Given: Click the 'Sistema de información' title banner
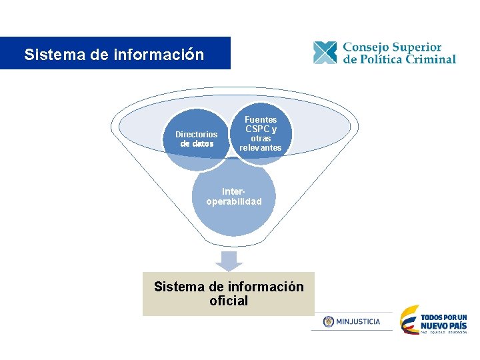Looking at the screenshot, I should [115, 53].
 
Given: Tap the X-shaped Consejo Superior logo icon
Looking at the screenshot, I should [325, 53].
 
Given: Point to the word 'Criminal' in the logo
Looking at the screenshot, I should [427, 59].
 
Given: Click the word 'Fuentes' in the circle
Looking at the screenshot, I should [261, 119].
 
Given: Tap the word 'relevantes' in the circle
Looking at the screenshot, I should [261, 147].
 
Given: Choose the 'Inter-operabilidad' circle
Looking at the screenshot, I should [234, 196].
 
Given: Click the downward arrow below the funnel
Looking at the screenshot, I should [229, 261].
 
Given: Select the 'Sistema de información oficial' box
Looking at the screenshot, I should [228, 293].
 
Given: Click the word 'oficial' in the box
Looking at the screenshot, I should [229, 301].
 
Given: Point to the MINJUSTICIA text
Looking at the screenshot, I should [359, 321].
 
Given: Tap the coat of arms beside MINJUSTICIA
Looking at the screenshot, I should [328, 321].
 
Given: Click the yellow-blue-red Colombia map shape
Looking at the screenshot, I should [409, 320].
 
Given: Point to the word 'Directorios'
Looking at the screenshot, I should [196, 134].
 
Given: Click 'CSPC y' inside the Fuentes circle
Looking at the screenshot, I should [261, 129].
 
